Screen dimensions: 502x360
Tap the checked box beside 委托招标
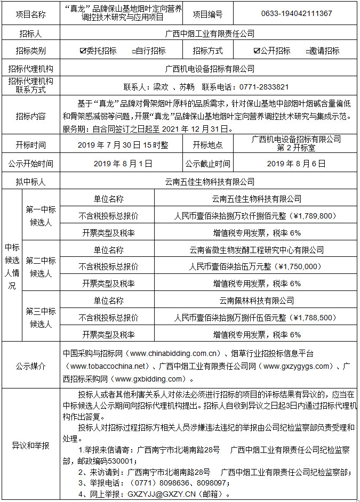(x=83, y=51)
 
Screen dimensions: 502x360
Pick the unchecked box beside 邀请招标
(x=308, y=52)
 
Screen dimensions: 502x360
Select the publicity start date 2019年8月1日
(x=123, y=164)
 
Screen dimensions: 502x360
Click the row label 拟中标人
(x=30, y=182)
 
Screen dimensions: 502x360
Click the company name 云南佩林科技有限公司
(x=257, y=301)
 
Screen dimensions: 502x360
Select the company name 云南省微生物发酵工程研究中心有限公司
(x=257, y=249)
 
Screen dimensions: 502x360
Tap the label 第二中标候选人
(x=41, y=266)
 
